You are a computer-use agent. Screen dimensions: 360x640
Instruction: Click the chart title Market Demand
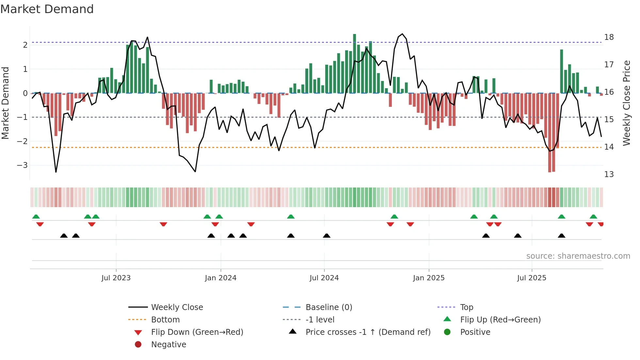pos(47,9)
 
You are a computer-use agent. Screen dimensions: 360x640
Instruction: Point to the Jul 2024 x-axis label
pos(324,278)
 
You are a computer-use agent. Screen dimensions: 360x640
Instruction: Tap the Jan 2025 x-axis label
pos(428,278)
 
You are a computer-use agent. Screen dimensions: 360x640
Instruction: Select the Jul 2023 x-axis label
pos(116,278)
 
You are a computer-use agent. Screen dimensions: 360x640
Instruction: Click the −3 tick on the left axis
pos(23,165)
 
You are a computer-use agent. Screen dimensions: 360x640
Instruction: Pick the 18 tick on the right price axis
pos(609,37)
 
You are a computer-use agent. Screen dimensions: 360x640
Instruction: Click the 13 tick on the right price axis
pos(609,174)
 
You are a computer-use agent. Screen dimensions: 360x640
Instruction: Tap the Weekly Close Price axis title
pos(626,103)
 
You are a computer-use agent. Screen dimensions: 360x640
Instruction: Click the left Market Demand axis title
pos(6,103)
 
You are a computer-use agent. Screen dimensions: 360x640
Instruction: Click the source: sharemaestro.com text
pos(578,256)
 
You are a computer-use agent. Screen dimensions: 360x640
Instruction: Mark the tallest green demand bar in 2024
pos(354,63)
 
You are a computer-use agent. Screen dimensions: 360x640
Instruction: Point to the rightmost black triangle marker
pos(561,236)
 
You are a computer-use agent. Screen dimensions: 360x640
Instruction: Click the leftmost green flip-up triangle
pos(36,217)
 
